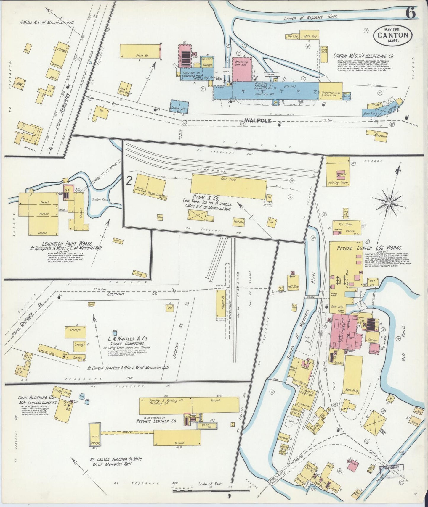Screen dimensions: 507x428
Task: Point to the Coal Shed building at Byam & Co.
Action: (x=228, y=187)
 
